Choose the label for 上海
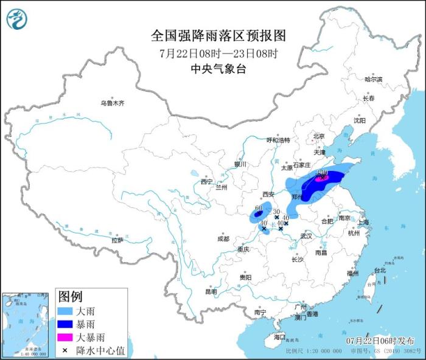pos(364,223)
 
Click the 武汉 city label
pos(306,235)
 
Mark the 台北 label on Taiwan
pos(379,270)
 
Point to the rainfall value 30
pos(276,210)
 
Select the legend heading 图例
pos(70,297)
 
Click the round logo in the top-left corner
pos(17,19)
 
